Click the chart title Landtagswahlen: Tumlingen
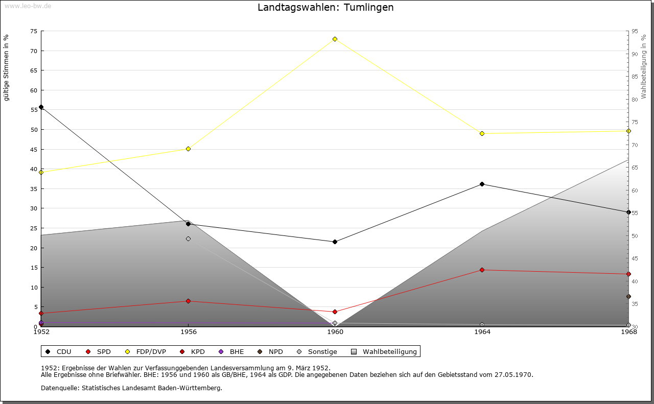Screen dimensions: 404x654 (325, 8)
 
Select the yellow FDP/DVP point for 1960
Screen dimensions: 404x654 (335, 39)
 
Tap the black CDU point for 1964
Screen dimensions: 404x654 (482, 184)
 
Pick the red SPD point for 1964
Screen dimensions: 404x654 (482, 270)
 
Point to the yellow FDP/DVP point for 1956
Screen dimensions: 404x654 (188, 149)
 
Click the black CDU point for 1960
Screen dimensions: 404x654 (335, 242)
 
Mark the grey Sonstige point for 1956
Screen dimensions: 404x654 (188, 239)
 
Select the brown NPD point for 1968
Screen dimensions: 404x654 (628, 296)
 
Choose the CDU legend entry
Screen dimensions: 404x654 (59, 351)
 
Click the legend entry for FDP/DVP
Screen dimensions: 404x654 (146, 351)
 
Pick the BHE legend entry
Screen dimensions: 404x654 (231, 351)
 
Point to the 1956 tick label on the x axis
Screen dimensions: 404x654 (188, 332)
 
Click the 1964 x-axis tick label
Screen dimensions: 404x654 (482, 332)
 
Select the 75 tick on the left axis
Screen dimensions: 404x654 (33, 31)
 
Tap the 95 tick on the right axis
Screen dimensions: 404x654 (635, 31)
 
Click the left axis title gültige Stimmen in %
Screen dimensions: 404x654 (6, 67)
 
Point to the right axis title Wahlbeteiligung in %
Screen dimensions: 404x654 (644, 66)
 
